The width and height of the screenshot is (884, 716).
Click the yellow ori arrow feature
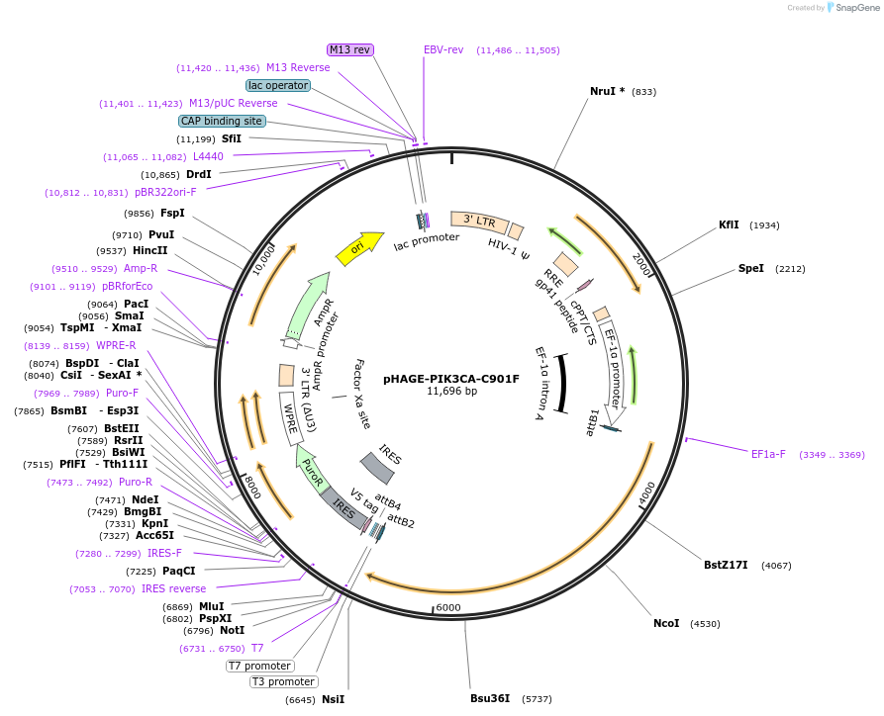point(359,248)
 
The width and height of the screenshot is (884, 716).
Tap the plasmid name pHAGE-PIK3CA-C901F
point(450,378)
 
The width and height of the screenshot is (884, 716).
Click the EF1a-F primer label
point(768,454)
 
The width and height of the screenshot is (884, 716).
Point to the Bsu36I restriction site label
point(490,698)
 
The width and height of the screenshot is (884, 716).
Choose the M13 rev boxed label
point(349,49)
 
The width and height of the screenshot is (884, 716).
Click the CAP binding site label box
point(222,121)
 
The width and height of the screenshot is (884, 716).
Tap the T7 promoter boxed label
point(259,666)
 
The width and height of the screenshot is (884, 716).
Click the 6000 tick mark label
point(448,607)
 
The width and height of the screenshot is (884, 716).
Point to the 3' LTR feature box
point(479,222)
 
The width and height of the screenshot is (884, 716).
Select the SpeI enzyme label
point(750,268)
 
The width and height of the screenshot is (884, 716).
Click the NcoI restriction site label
point(666,623)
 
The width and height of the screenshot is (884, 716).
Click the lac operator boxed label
point(278,85)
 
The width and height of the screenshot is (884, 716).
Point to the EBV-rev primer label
point(443,49)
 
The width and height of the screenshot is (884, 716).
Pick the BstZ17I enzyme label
point(726,566)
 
